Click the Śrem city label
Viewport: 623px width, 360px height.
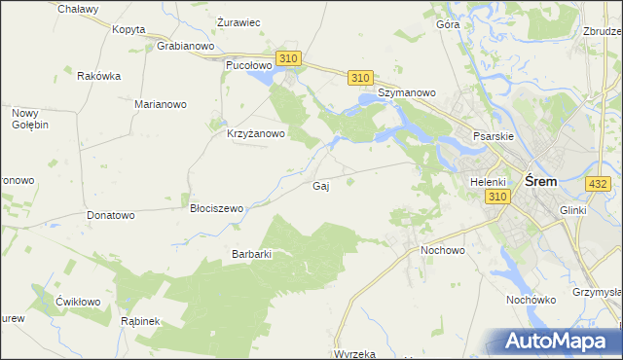540,181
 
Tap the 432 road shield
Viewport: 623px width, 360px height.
598,183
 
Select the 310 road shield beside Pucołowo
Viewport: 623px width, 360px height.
287,59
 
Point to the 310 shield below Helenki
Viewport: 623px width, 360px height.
496,197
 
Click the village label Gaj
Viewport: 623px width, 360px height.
320,186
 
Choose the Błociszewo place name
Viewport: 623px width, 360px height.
216,208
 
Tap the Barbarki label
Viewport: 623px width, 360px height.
250,254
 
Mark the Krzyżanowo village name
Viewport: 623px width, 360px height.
255,134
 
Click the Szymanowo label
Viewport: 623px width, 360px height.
407,92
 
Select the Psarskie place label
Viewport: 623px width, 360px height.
493,136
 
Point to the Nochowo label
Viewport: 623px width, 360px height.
443,250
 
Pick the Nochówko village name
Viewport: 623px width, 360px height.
531,300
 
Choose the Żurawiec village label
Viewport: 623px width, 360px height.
238,21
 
